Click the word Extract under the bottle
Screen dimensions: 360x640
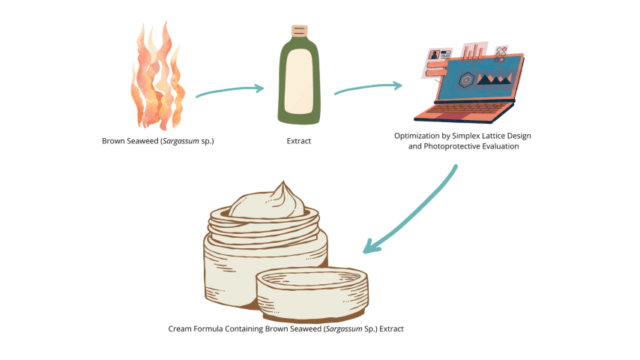coord(298,140)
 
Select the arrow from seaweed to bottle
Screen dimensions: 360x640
coord(229,91)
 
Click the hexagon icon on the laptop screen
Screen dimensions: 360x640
coord(466,77)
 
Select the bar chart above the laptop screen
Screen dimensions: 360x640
coord(473,51)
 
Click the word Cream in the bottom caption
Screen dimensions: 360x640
coord(183,328)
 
